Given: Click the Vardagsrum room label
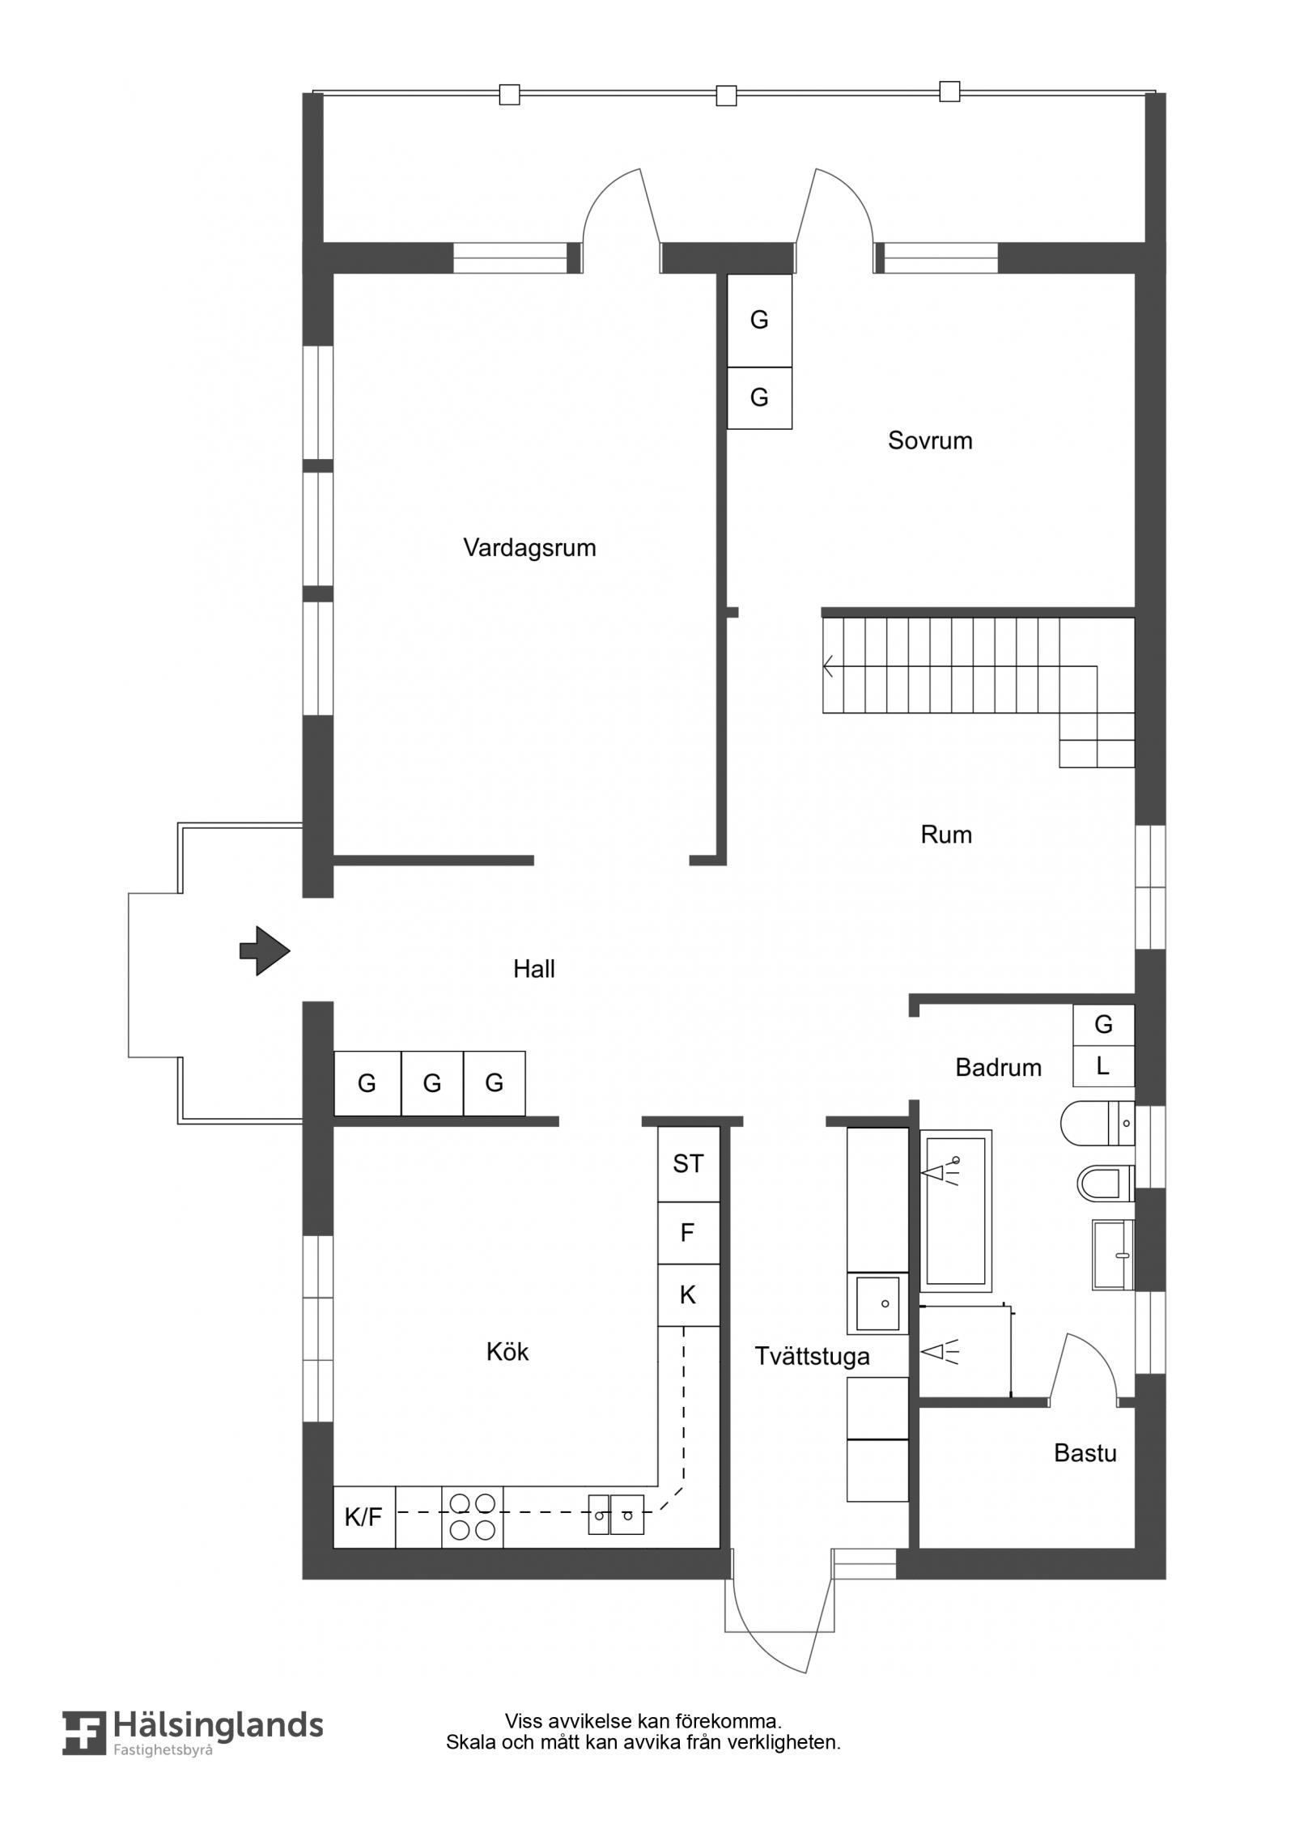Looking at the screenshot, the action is [529, 548].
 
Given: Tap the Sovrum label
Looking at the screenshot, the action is [930, 440].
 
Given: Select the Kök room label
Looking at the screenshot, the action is [507, 1351].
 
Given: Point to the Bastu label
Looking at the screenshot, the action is [1085, 1453].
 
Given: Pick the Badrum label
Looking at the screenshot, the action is [998, 1068].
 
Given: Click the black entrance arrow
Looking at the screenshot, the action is [265, 950].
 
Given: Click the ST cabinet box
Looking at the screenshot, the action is [688, 1164].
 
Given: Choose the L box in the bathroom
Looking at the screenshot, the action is [1103, 1066].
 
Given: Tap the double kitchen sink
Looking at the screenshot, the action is [616, 1515].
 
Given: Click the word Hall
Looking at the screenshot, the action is [533, 969].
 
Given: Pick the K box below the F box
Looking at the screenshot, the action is [688, 1295].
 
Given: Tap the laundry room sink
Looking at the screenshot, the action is [877, 1303].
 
